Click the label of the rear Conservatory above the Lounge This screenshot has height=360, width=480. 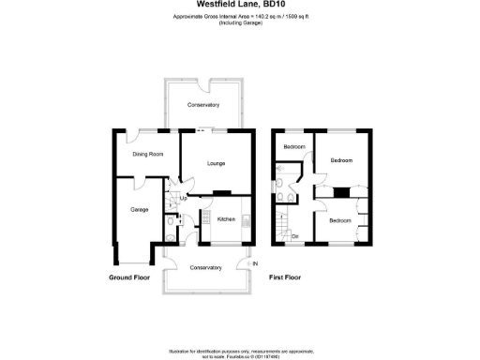point(202,104)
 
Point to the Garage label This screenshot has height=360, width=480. point(139,209)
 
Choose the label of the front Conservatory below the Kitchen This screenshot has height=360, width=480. point(205,267)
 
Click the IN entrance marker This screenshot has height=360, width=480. point(253,263)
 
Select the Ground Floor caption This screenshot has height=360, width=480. point(128,278)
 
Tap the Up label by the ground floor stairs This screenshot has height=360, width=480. point(183,199)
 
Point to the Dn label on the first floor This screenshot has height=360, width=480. point(295,235)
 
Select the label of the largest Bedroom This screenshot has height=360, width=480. point(341,160)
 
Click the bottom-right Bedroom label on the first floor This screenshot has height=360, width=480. point(339,220)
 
